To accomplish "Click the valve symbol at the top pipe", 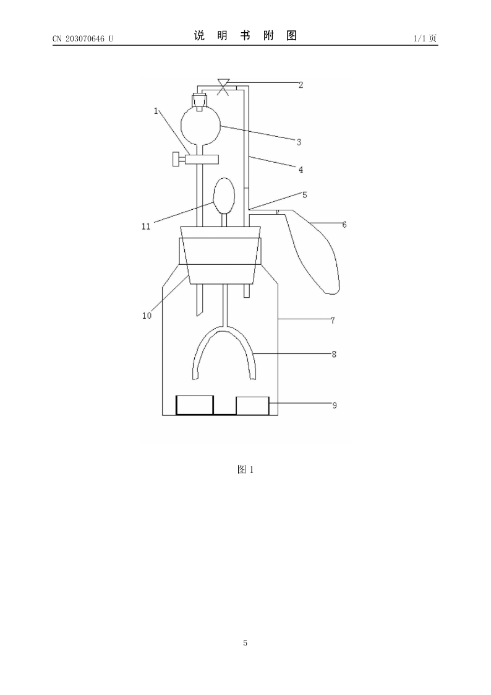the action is click(224, 87).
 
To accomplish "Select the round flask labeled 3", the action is click(200, 126).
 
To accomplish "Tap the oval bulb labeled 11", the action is click(224, 196).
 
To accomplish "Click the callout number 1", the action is click(156, 111).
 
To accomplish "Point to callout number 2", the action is click(301, 85).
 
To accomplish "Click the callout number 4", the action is click(301, 170).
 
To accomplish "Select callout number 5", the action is click(305, 194).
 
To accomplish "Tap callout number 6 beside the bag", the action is click(344, 225).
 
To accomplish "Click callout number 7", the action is click(333, 320).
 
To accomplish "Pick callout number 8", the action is click(334, 354).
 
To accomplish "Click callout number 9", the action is click(335, 405).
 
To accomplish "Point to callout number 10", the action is click(147, 316).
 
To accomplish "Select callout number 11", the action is click(146, 227).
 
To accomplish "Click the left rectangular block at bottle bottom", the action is click(195, 405).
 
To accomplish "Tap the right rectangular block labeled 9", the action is click(252, 405).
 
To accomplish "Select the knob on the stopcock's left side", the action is click(177, 158).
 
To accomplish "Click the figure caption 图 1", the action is click(246, 470).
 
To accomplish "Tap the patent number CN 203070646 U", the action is click(83, 38).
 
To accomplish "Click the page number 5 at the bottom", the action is click(246, 643).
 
